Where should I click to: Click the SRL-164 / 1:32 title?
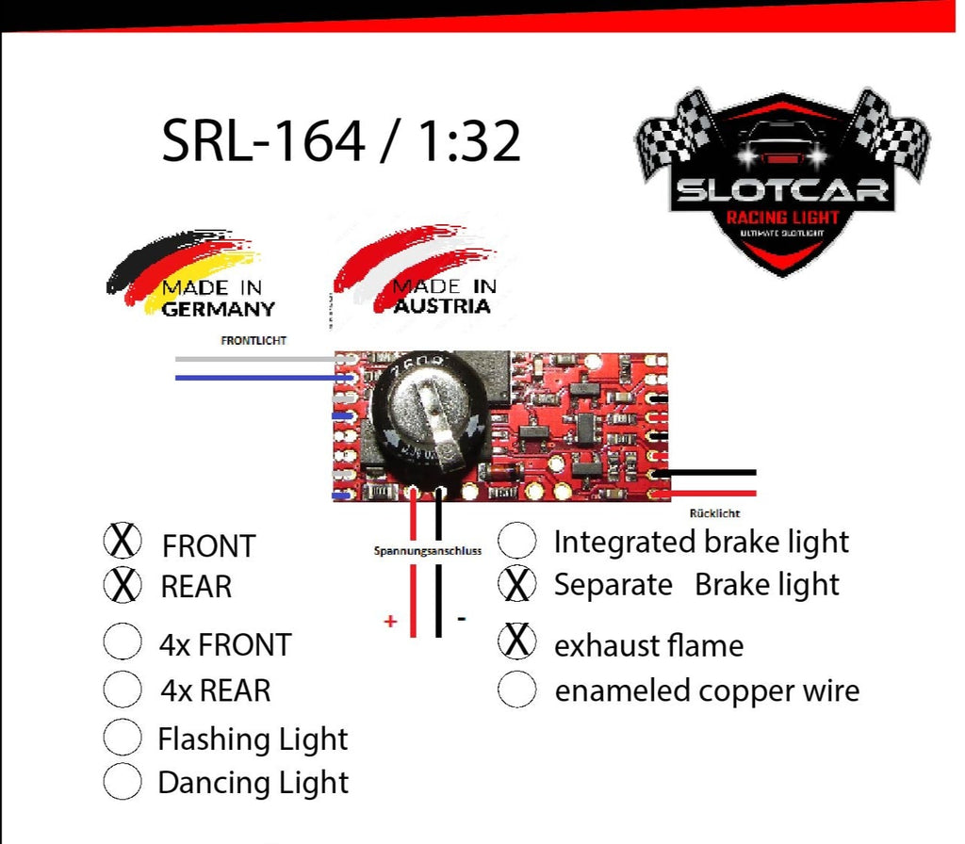click(x=341, y=140)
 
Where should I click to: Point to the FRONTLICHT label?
click(x=254, y=340)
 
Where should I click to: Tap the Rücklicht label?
click(x=714, y=513)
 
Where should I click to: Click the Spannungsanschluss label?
click(x=428, y=550)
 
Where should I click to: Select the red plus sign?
click(x=390, y=622)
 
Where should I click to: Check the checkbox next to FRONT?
click(x=122, y=542)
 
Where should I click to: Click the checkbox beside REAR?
click(x=122, y=585)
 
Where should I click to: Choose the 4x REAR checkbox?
click(x=122, y=689)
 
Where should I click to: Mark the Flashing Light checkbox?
click(x=122, y=738)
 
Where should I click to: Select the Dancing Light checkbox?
click(x=122, y=782)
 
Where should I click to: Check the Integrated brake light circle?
click(x=516, y=542)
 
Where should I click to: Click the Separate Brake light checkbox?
click(x=516, y=584)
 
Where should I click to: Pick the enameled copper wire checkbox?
click(x=516, y=690)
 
